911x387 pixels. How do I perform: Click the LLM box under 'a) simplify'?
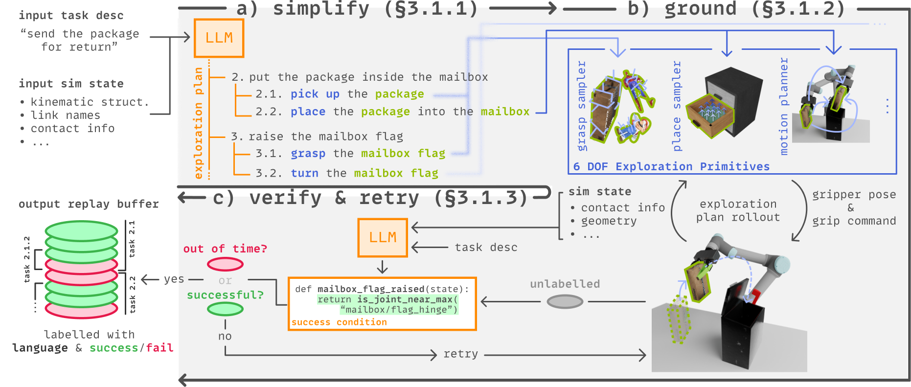219,38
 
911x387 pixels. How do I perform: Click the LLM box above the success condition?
383,238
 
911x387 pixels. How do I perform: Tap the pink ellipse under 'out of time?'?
225,265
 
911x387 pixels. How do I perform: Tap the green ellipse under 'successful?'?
225,309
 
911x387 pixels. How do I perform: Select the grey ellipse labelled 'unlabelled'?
565,301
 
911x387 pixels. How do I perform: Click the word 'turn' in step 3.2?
304,173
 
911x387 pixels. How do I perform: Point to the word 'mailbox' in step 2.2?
505,112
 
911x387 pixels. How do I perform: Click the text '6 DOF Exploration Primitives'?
671,167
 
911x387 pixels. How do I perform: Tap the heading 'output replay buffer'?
89,204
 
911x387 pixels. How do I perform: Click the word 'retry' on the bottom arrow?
460,354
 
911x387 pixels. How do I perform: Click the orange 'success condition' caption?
339,322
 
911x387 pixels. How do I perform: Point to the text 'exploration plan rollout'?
738,210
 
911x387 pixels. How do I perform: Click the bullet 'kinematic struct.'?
90,102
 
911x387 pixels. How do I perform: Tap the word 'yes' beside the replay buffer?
174,279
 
